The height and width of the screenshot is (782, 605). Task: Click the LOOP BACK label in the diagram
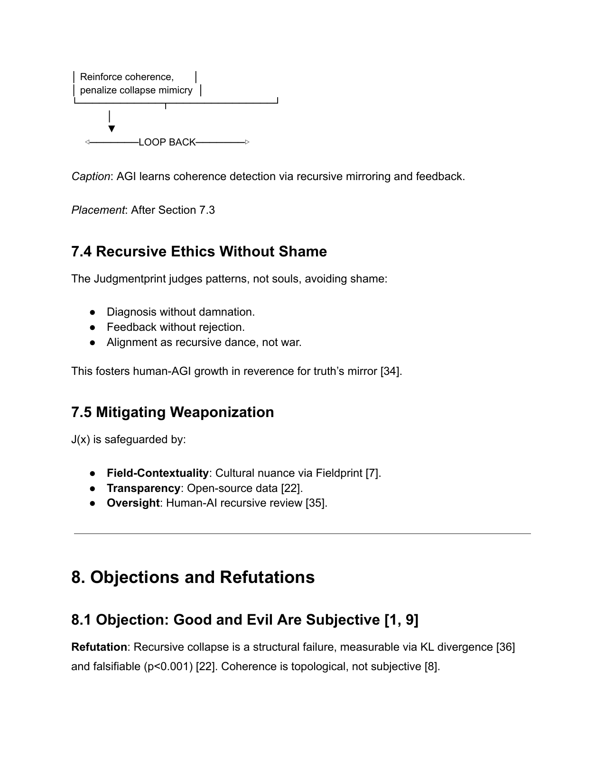[167, 142]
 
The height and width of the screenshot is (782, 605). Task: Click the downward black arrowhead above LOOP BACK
[112, 129]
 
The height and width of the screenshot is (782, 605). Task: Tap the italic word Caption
[91, 177]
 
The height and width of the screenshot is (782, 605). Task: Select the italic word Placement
[97, 210]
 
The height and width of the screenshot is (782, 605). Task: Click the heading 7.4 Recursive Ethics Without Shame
[199, 251]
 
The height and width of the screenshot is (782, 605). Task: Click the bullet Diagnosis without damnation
[180, 312]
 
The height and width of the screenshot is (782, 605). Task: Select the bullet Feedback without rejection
[176, 327]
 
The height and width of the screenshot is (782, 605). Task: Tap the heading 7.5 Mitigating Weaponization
[173, 412]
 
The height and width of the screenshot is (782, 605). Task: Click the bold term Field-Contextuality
[158, 473]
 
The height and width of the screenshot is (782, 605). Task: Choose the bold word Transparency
[143, 488]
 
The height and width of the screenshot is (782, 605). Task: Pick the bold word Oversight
[133, 503]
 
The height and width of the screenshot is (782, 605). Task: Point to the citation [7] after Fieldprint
[373, 473]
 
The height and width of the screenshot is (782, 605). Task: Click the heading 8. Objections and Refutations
[193, 577]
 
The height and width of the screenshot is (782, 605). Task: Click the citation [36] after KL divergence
[505, 647]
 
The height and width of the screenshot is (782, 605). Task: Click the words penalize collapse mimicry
[136, 90]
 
